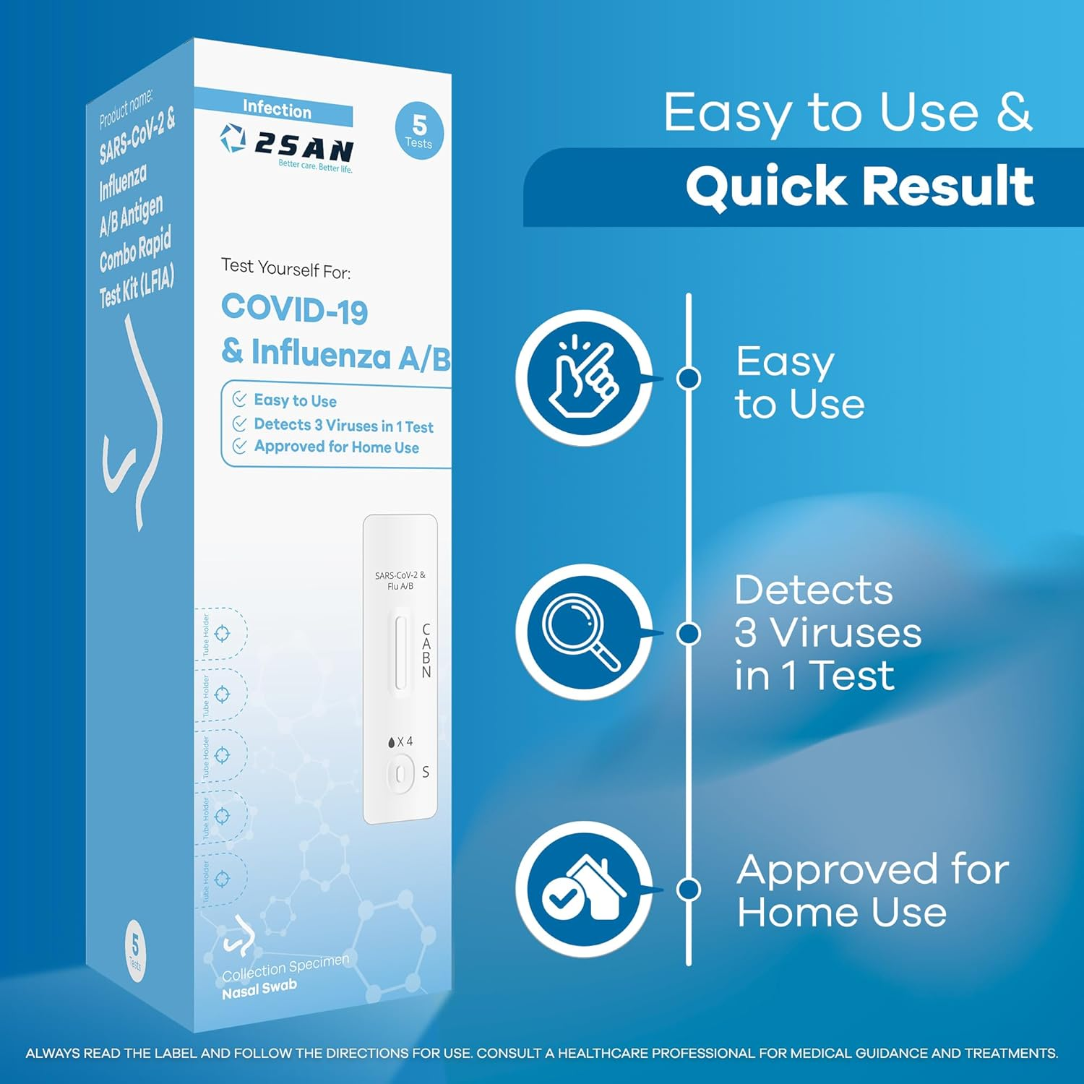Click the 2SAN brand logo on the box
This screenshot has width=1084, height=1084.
[x=287, y=147]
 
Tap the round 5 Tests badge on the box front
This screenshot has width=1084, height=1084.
[x=419, y=131]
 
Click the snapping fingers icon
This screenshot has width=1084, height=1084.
[x=584, y=377]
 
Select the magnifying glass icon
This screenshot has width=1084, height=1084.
[x=584, y=632]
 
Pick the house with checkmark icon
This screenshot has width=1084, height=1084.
[x=584, y=889]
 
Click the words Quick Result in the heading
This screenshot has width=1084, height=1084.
[x=859, y=186]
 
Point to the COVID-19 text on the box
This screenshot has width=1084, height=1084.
[x=295, y=309]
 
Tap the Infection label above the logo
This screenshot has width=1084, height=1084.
[x=277, y=109]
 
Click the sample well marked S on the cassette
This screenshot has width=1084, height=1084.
[x=400, y=774]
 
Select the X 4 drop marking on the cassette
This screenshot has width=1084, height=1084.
[x=401, y=742]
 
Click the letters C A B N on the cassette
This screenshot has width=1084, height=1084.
[x=426, y=650]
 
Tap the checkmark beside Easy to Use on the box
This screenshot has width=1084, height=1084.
[x=240, y=399]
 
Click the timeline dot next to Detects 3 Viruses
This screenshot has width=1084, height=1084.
[x=689, y=634]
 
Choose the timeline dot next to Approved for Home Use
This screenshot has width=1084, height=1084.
[x=689, y=889]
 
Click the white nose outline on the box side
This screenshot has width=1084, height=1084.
[x=134, y=426]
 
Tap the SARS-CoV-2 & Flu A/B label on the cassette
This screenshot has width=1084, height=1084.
[x=400, y=580]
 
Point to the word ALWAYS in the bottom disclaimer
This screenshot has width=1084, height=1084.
[x=53, y=1054]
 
